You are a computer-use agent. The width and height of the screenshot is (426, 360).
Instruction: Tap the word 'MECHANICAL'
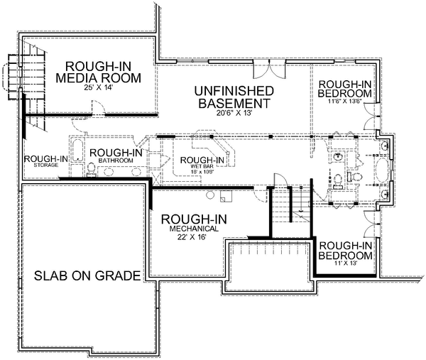click(x=193, y=230)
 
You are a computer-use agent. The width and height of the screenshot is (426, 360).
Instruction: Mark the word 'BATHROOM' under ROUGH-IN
click(x=116, y=161)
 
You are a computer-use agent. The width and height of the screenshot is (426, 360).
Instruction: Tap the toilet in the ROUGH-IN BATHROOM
click(x=92, y=169)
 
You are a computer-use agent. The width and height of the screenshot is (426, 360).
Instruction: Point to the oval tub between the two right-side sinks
click(x=384, y=170)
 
